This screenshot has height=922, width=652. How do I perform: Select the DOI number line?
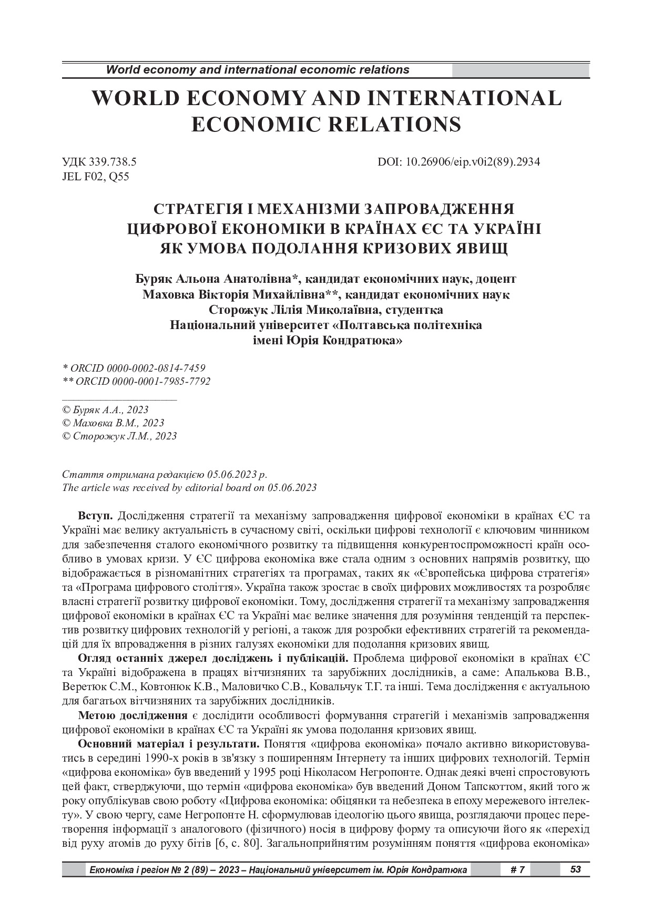459,162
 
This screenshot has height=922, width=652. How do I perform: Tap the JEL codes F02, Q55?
96,177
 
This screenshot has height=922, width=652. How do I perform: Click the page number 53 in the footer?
575,869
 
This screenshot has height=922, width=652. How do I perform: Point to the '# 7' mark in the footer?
517,870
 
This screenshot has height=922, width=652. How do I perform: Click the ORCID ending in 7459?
134,368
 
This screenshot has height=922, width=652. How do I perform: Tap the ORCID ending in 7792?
136,381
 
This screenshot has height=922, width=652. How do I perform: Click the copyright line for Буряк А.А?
105,409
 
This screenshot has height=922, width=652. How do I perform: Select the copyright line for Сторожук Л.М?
119,436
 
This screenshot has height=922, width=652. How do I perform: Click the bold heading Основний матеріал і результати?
168,744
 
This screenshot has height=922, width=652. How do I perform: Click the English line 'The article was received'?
189,487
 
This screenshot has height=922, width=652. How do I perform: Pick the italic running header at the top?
258,69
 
